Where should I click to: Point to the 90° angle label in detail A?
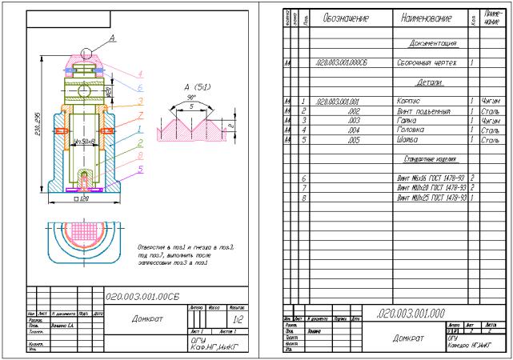[191, 96]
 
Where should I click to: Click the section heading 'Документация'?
[432, 42]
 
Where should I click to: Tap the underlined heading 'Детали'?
[432, 82]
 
